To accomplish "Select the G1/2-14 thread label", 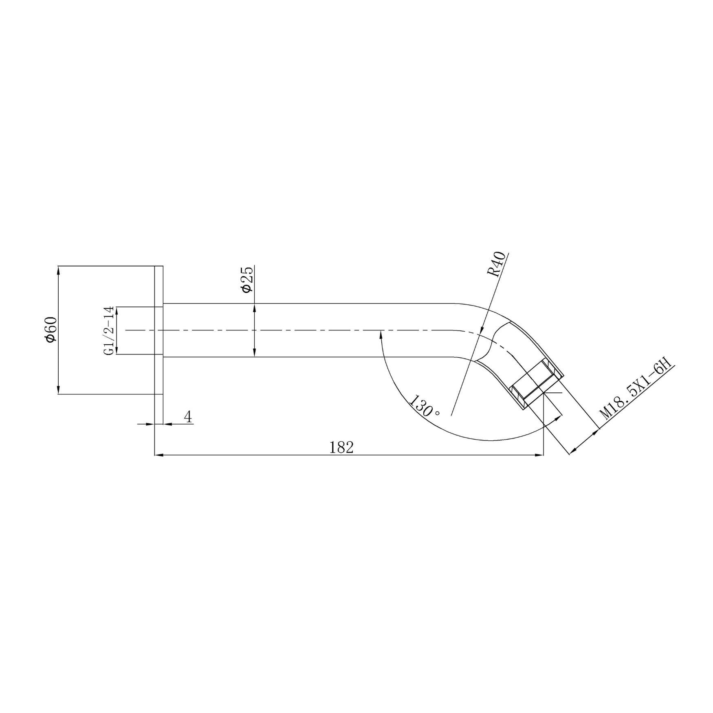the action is tap(109, 330).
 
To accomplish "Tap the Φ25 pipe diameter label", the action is tap(247, 279).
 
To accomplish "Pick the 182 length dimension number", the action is tap(341, 447).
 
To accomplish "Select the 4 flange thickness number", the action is tap(188, 417).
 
